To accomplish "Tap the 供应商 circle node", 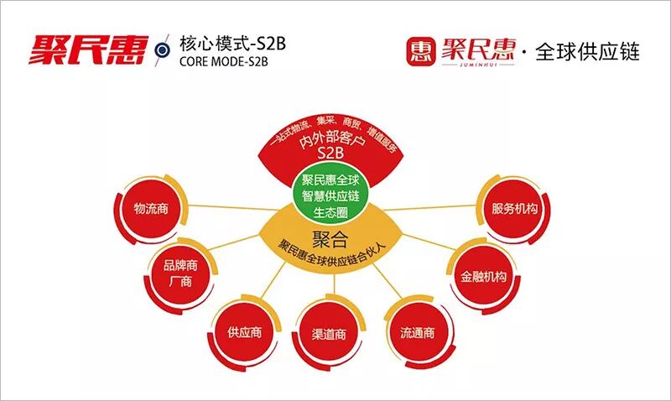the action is pyautogui.click(x=244, y=332).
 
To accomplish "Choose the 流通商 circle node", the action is pyautogui.click(x=418, y=332).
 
